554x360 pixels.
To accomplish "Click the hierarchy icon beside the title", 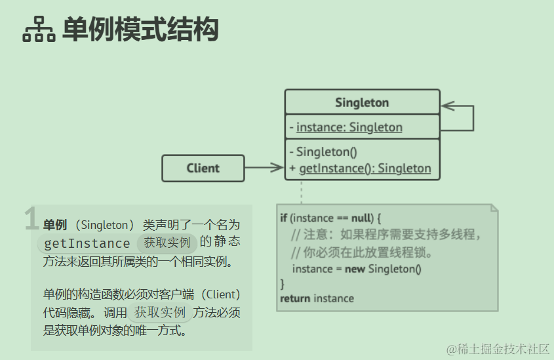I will coord(39,30).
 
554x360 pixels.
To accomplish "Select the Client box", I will coord(203,168).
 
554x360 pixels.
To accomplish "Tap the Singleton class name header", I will coord(362,102).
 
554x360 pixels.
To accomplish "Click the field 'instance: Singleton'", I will coord(349,127).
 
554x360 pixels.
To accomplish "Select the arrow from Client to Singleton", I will coord(264,168).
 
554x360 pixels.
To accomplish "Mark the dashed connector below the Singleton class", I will coord(302,191).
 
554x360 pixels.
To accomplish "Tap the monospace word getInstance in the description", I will coord(87,243).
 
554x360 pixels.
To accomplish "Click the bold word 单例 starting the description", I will coord(55,225).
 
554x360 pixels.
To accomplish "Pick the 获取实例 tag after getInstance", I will coord(167,243).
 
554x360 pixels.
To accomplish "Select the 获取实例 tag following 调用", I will coord(160,313).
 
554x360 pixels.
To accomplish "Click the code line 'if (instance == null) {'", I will coord(330,218).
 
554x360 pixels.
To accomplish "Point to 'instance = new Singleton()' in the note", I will coord(356,269).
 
